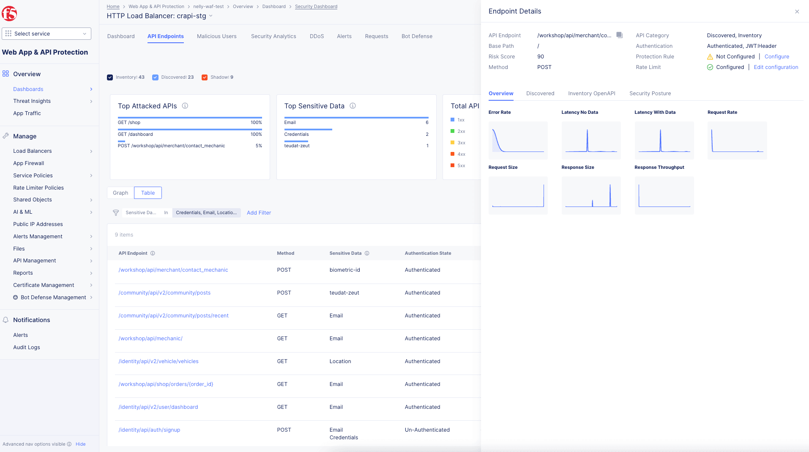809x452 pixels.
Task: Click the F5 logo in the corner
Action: pyautogui.click(x=9, y=14)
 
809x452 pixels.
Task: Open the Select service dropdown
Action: pyautogui.click(x=46, y=34)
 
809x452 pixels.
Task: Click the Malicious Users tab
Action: pyautogui.click(x=216, y=36)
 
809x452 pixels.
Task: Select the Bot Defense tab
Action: pyautogui.click(x=417, y=36)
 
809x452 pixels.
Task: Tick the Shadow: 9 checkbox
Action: pyautogui.click(x=205, y=77)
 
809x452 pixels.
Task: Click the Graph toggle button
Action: pyautogui.click(x=120, y=193)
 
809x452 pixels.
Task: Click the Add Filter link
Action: pyautogui.click(x=259, y=213)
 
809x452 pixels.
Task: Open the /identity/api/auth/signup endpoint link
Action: pyautogui.click(x=149, y=430)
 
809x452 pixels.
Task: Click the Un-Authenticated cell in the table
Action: pyautogui.click(x=427, y=430)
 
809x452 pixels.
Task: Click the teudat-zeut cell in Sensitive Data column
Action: pyautogui.click(x=344, y=293)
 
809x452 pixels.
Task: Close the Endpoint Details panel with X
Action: pyautogui.click(x=797, y=12)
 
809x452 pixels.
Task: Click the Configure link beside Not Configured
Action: pyautogui.click(x=776, y=57)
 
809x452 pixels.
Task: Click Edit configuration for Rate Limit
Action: pyautogui.click(x=776, y=67)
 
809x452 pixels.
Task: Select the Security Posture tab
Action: pyautogui.click(x=650, y=94)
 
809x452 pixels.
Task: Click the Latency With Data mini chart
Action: pyautogui.click(x=664, y=141)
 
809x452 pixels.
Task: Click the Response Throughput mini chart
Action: pyautogui.click(x=664, y=196)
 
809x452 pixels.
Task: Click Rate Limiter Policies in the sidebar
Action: pyautogui.click(x=38, y=188)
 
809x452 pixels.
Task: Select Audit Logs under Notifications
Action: pyautogui.click(x=27, y=347)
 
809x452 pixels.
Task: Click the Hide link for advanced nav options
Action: pyautogui.click(x=80, y=444)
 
